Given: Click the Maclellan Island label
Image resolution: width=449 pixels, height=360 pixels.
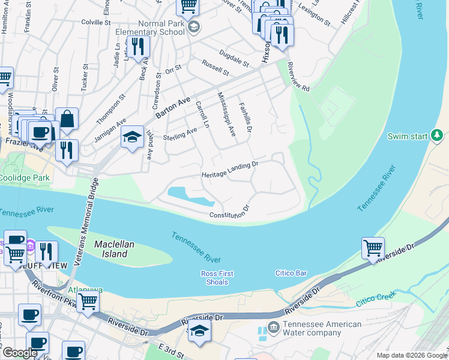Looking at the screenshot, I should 111,249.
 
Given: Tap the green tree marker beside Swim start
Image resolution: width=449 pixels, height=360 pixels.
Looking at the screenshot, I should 438,136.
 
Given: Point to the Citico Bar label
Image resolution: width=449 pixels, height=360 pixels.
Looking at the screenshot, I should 291,274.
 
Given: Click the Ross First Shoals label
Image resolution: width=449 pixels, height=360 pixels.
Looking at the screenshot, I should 217,278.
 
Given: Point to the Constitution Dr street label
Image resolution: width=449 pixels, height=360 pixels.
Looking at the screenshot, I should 229,212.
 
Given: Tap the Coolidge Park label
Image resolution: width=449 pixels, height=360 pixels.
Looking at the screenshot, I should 25,178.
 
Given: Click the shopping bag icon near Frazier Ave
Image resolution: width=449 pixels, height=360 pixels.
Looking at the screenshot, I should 67,119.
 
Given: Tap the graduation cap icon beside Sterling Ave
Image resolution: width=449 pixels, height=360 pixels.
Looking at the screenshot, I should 132,137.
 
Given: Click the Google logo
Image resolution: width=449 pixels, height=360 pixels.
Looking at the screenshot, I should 20,353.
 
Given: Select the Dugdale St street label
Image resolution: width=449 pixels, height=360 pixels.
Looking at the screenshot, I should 234,59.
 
